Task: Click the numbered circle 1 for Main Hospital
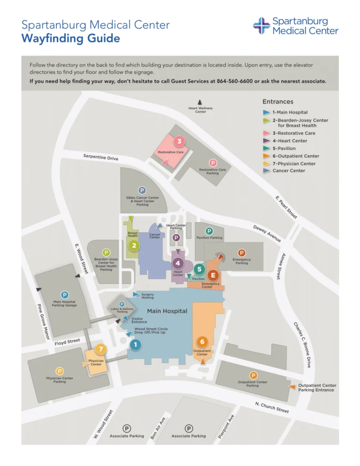[x=135, y=345]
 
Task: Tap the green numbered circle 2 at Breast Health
[x=134, y=246]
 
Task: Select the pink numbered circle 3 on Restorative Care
[x=179, y=142]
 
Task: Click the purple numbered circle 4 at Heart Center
[x=178, y=263]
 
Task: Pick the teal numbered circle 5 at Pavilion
[x=199, y=269]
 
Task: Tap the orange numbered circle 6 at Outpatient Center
[x=203, y=341]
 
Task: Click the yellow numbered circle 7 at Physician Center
[x=101, y=349]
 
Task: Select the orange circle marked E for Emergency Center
[x=213, y=275]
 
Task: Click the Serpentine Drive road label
[x=101, y=157]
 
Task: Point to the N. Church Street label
[x=272, y=408]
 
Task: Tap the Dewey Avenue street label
[x=267, y=233]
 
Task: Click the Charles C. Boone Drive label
[x=302, y=345]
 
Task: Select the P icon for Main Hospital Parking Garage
[x=65, y=295]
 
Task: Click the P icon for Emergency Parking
[x=242, y=253]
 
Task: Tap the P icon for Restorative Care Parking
[x=213, y=163]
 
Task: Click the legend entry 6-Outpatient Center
[x=295, y=156]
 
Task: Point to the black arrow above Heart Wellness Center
[x=199, y=103]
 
